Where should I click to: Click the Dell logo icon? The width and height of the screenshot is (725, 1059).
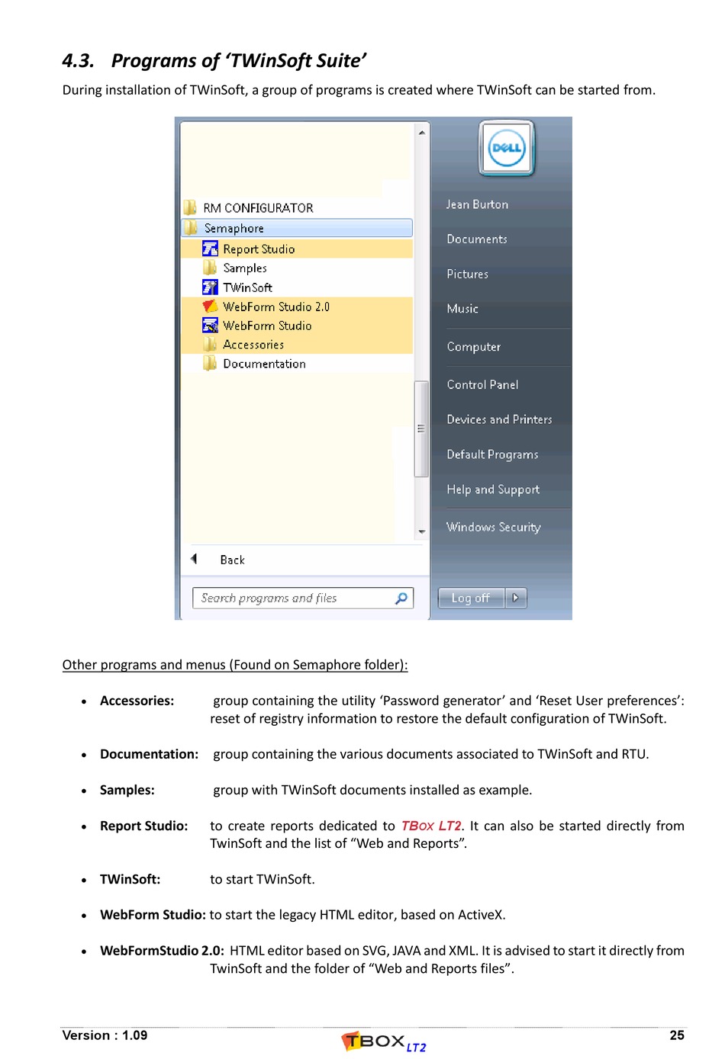point(507,148)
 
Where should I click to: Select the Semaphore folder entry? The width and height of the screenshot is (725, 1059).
point(234,228)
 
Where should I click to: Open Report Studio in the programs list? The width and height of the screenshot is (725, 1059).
point(258,249)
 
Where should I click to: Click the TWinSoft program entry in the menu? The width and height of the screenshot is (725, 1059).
point(247,287)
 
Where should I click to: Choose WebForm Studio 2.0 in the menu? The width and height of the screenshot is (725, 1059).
point(275,306)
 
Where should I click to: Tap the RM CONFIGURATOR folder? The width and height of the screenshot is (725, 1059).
point(257,208)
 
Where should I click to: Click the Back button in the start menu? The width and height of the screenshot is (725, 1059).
point(231,560)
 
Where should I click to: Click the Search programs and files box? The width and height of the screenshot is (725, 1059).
point(294,598)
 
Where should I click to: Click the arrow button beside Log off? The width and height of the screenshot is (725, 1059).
point(516,598)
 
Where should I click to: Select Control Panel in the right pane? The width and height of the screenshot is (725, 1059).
point(482,385)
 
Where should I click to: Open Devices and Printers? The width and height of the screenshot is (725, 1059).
point(499,419)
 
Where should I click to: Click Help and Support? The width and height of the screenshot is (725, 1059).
point(493,489)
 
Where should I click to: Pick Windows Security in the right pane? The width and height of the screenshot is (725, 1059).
point(493,527)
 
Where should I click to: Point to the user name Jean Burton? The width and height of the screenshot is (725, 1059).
point(477,204)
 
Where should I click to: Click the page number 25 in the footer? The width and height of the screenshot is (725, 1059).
point(676,1035)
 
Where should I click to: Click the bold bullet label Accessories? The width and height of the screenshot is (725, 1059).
point(137,701)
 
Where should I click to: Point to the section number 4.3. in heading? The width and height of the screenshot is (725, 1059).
point(78,61)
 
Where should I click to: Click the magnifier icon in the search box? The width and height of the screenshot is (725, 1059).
point(401,598)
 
